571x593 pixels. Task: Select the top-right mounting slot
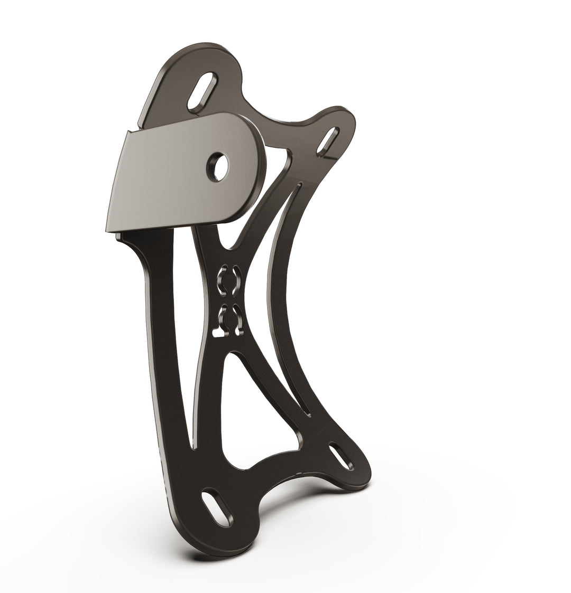pyautogui.click(x=328, y=140)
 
